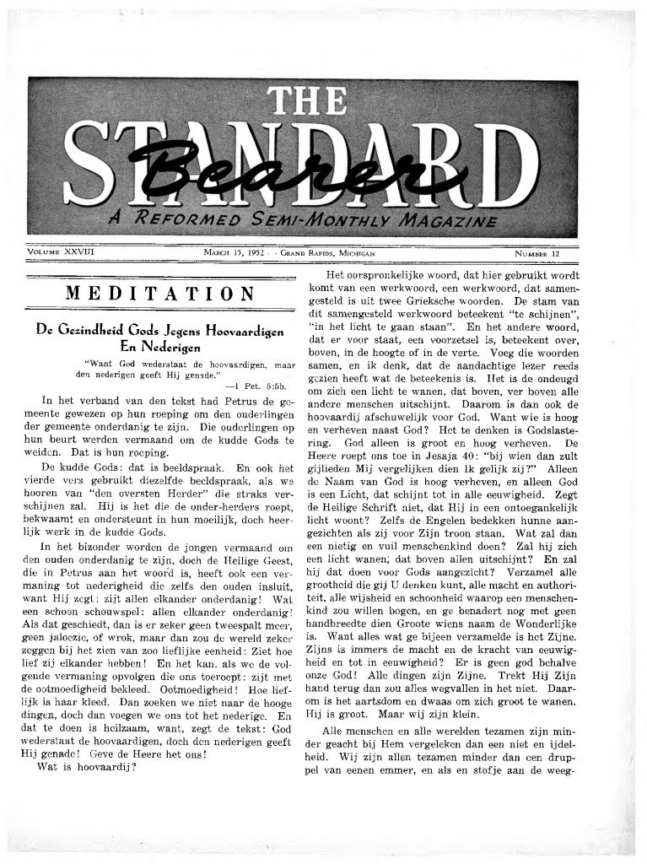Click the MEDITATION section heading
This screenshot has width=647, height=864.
coord(160,294)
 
